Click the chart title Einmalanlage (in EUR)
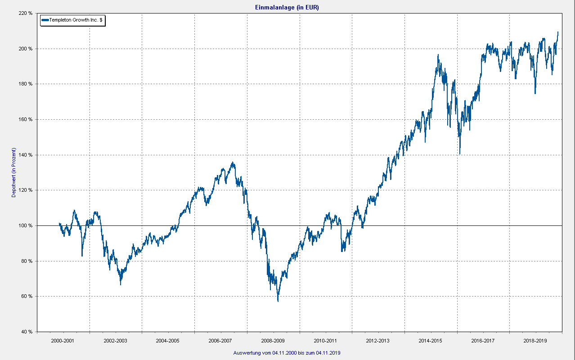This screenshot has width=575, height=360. point(287,7)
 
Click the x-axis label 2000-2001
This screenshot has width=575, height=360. point(63,341)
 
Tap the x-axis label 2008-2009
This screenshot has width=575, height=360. point(273,341)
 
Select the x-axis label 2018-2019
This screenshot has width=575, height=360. point(535,341)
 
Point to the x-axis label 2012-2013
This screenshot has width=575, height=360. point(378,341)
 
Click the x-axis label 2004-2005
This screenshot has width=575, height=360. point(168,341)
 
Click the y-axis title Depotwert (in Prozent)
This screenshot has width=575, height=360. point(14,173)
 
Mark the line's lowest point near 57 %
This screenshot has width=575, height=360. point(278,301)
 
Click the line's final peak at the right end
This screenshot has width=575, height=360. point(558,32)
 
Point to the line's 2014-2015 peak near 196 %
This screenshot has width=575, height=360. point(438,55)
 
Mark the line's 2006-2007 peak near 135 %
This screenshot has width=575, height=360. point(232,162)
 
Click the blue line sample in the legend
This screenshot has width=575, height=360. point(45,20)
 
